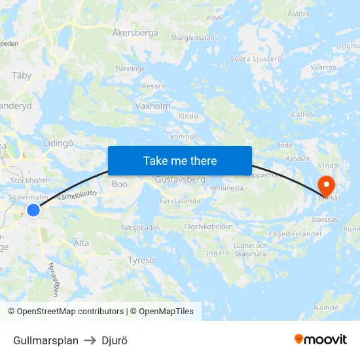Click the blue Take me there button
click(x=180, y=160)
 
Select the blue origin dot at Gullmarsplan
click(x=33, y=210)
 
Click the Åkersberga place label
click(x=135, y=31)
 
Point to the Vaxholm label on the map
click(x=153, y=105)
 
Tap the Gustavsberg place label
click(x=180, y=179)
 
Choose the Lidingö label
click(x=58, y=143)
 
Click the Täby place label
click(x=22, y=75)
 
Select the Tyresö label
click(x=141, y=260)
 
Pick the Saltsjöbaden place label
click(x=140, y=228)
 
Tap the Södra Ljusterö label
click(x=256, y=59)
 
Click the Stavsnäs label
click(x=325, y=219)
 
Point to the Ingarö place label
click(x=217, y=253)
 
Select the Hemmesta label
click(x=226, y=188)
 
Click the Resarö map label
click(x=154, y=86)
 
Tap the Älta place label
click(x=81, y=243)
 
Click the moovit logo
click(x=321, y=339)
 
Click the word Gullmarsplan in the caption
click(x=46, y=340)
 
